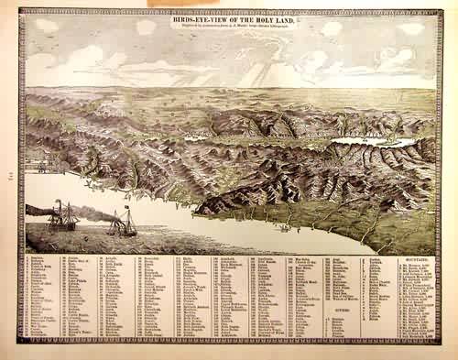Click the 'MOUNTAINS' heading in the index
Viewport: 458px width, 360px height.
[417, 259]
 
